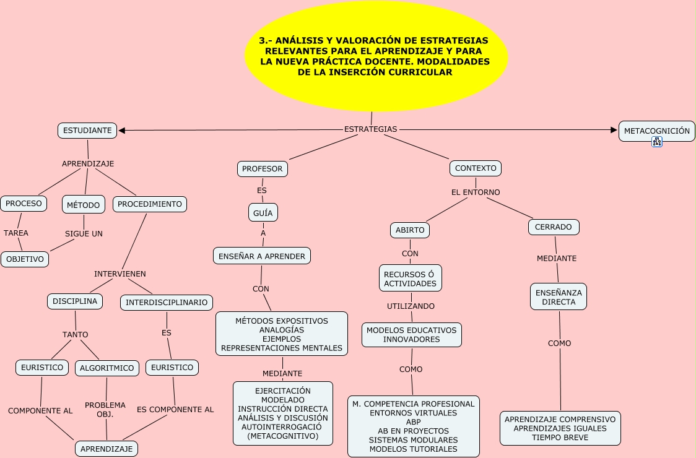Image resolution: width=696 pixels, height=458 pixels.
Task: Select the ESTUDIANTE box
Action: point(87,131)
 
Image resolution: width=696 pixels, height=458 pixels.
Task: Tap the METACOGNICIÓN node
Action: point(656,131)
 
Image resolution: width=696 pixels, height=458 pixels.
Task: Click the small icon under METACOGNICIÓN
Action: point(657,142)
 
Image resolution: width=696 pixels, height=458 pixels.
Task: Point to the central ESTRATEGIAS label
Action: point(370,129)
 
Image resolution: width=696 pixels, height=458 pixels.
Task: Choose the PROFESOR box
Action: point(262,169)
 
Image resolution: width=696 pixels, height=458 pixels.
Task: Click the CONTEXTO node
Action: point(476,168)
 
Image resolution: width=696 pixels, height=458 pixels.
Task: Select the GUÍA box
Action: point(263,213)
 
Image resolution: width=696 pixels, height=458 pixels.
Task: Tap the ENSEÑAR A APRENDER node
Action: point(262,256)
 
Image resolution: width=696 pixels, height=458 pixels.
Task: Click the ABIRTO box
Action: point(410,230)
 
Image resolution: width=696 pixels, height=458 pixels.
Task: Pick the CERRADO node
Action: point(554,227)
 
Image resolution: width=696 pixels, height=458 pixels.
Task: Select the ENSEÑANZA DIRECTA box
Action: point(559,297)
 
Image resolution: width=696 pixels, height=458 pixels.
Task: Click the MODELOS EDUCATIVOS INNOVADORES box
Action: point(412,335)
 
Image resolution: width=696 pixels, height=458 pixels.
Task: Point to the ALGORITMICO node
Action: point(107,368)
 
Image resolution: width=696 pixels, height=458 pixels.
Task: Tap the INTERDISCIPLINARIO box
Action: point(167,303)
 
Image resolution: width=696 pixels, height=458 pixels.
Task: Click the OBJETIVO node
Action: point(25,260)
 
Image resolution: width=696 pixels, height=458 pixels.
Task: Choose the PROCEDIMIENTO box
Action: point(150,204)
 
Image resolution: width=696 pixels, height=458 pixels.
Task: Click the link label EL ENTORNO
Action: point(476,192)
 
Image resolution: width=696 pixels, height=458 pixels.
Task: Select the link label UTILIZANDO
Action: point(411,306)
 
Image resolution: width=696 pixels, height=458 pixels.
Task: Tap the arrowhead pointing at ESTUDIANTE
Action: point(121,131)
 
